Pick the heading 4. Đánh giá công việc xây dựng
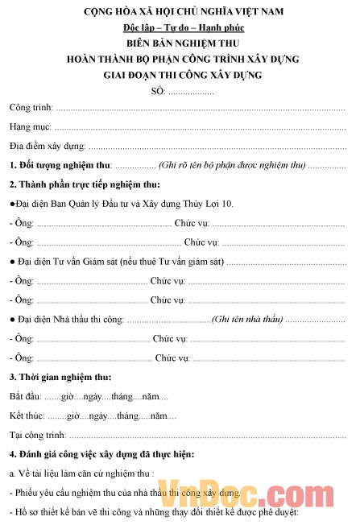(x=101, y=454)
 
